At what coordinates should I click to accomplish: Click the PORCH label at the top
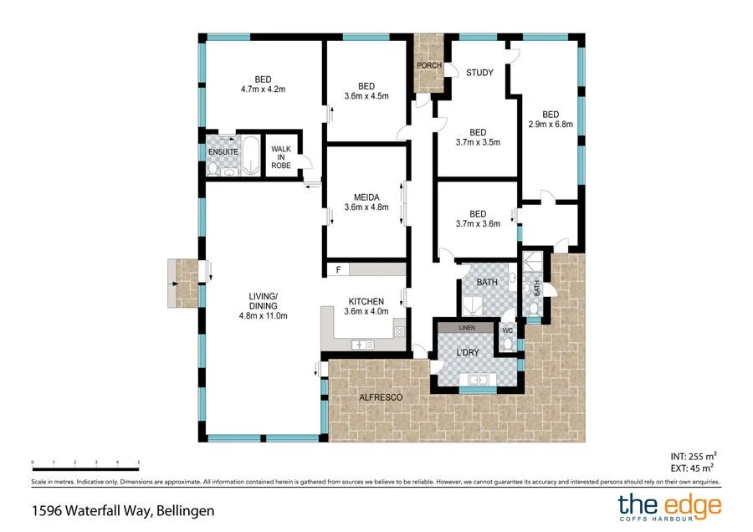pyautogui.click(x=429, y=66)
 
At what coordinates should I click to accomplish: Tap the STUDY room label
pyautogui.click(x=479, y=73)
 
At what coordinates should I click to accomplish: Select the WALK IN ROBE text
pyautogui.click(x=280, y=157)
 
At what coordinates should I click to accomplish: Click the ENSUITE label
pyautogui.click(x=223, y=152)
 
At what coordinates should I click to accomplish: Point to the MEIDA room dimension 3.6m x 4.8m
pyautogui.click(x=366, y=207)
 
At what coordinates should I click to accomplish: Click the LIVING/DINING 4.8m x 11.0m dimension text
pyautogui.click(x=263, y=315)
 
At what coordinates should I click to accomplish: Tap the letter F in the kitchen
pyautogui.click(x=338, y=269)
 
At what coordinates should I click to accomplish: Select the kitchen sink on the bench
pyautogui.click(x=363, y=344)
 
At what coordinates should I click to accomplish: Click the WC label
pyautogui.click(x=506, y=330)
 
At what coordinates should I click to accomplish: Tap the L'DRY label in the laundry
pyautogui.click(x=467, y=353)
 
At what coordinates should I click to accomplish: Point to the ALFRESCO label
pyautogui.click(x=381, y=397)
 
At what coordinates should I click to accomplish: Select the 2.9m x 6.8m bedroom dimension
pyautogui.click(x=550, y=125)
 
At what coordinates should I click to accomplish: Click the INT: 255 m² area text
pyautogui.click(x=694, y=456)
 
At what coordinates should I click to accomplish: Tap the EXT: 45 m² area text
pyautogui.click(x=694, y=468)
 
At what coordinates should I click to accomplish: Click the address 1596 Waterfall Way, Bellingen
pyautogui.click(x=123, y=509)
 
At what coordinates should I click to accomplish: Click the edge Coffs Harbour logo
pyautogui.click(x=668, y=507)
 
